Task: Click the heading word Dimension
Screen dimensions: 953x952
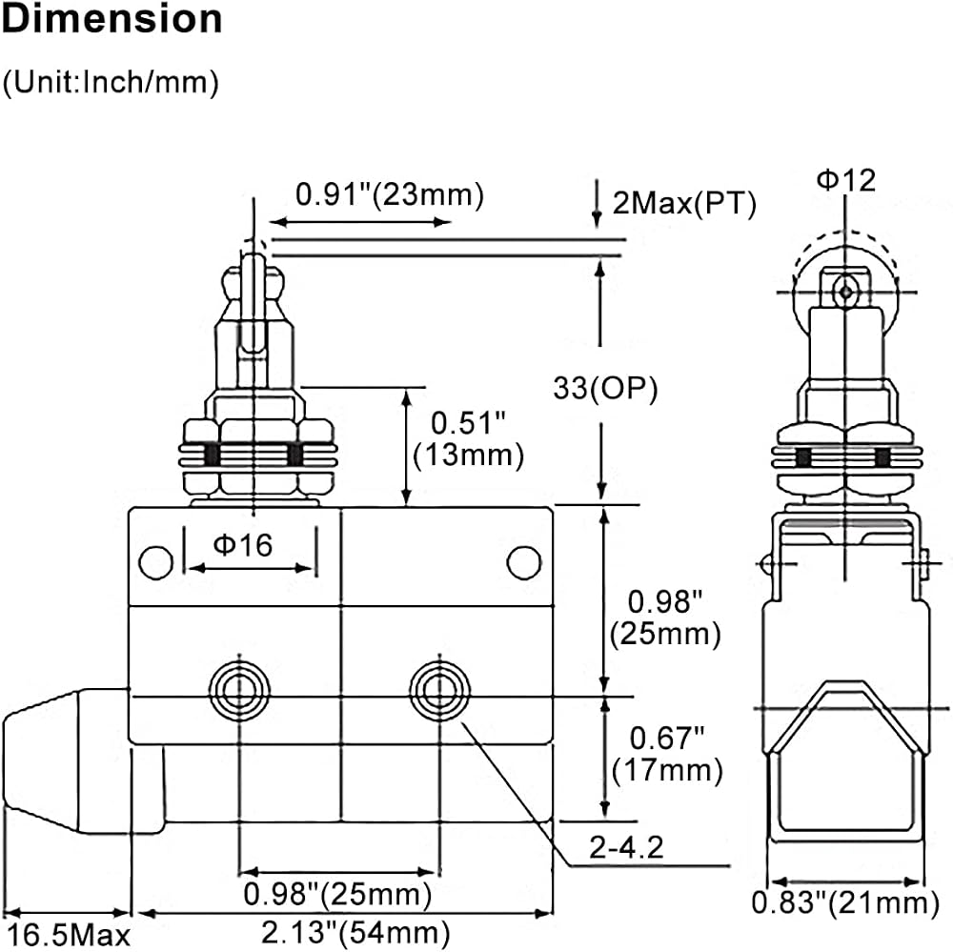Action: [112, 19]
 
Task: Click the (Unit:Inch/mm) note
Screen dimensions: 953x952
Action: [111, 82]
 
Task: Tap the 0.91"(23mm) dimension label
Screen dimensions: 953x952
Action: [390, 195]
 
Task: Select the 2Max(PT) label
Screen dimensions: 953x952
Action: [684, 203]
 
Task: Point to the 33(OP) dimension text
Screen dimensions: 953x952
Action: [605, 388]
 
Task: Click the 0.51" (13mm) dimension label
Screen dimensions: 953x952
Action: [468, 439]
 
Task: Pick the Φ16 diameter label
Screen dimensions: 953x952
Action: [242, 545]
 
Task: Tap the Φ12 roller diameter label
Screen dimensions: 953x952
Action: [845, 180]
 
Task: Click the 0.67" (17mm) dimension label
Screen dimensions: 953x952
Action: [667, 755]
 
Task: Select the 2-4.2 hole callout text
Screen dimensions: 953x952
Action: [626, 847]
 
